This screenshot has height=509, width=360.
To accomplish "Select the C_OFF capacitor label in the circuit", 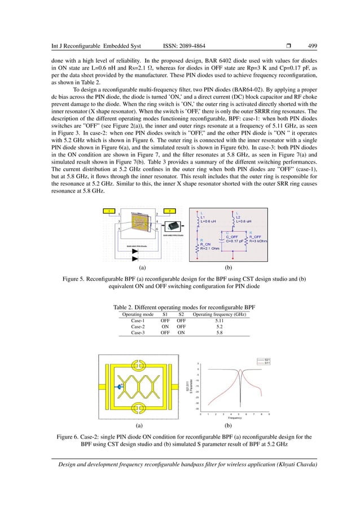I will pyautogui.click(x=234, y=236).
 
